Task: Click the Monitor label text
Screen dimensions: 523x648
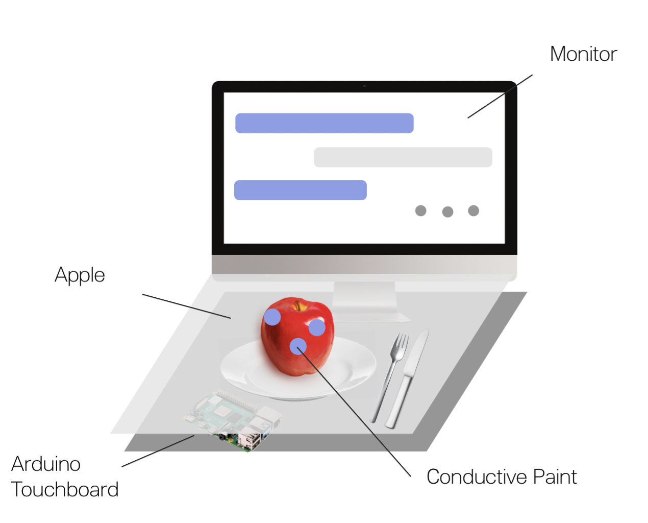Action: [x=583, y=54]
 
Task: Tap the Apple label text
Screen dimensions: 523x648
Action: [x=80, y=275]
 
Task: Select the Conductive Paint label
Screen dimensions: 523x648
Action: [x=501, y=477]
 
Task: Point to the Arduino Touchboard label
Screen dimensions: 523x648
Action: [x=64, y=477]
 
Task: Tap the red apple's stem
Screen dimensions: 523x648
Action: [x=298, y=306]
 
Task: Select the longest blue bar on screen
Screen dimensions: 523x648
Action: [x=324, y=123]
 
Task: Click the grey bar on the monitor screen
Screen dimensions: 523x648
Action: [x=403, y=157]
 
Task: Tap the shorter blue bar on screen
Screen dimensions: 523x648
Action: [x=300, y=190]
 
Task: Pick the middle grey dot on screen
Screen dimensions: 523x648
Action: [x=447, y=212]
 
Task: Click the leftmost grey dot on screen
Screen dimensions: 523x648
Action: [x=420, y=211]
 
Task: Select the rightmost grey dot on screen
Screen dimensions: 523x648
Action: [x=473, y=211]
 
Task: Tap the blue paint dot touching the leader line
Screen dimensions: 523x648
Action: [x=298, y=347]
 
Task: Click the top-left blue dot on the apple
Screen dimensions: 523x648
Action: [x=272, y=317]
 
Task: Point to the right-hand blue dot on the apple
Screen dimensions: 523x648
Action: [x=317, y=327]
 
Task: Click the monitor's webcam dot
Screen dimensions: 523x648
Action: [x=364, y=86]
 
